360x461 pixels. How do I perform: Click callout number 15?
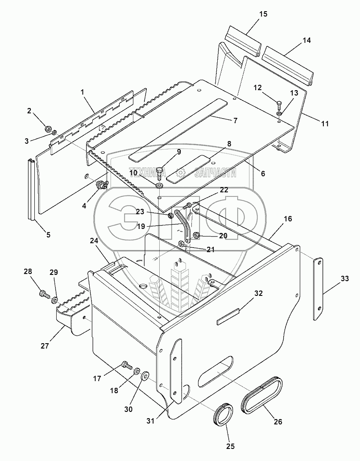tap(263, 14)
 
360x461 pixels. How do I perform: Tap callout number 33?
tap(344, 278)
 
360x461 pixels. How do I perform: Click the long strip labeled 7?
tap(178, 130)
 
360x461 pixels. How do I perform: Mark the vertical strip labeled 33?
tap(318, 288)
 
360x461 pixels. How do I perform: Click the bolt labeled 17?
tap(127, 365)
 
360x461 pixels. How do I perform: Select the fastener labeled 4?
tap(100, 185)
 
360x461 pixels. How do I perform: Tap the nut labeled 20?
tap(196, 235)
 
